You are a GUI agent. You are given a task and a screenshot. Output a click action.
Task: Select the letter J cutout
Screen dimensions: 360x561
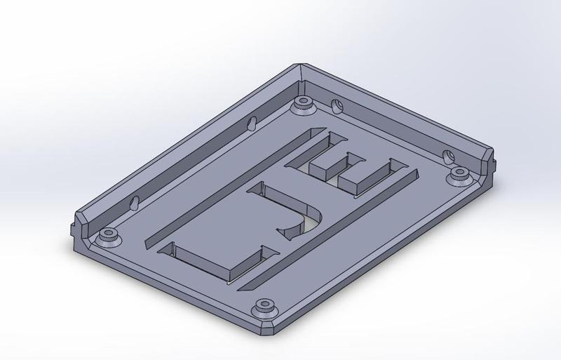[280, 211]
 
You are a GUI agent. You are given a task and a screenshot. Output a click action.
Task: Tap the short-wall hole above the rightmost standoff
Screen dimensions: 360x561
[449, 154]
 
